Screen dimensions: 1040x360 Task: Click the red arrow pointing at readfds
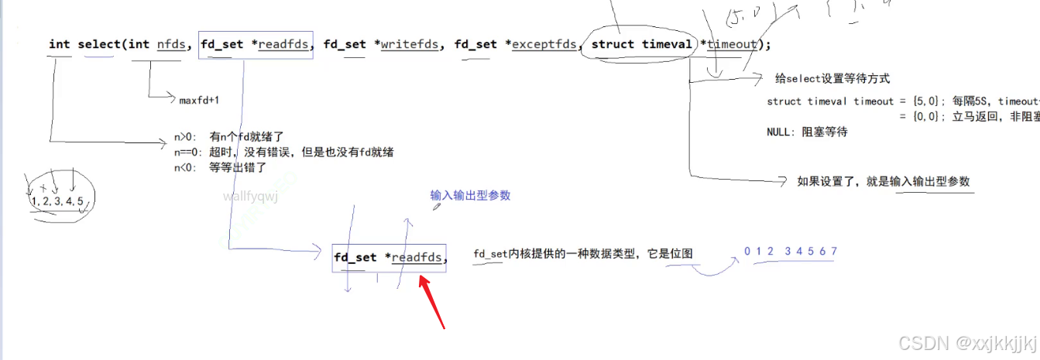pos(431,300)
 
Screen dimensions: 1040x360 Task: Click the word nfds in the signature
pos(171,44)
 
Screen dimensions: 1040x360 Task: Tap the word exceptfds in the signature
pos(545,44)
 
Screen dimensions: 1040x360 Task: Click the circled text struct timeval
pos(641,44)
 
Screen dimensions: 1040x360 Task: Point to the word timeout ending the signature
pos(731,44)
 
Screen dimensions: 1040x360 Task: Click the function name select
pos(99,44)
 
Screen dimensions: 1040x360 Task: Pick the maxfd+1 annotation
pos(200,100)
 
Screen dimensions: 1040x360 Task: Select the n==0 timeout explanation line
pos(283,152)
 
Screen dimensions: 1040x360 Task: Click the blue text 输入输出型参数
pos(470,196)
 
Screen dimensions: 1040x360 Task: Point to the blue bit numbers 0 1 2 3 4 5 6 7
pos(791,252)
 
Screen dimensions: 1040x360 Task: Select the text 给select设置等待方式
pos(832,78)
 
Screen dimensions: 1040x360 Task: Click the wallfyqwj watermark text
pos(250,197)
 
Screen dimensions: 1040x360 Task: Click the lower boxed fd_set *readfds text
pos(390,257)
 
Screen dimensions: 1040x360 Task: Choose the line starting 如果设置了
pos(883,181)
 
